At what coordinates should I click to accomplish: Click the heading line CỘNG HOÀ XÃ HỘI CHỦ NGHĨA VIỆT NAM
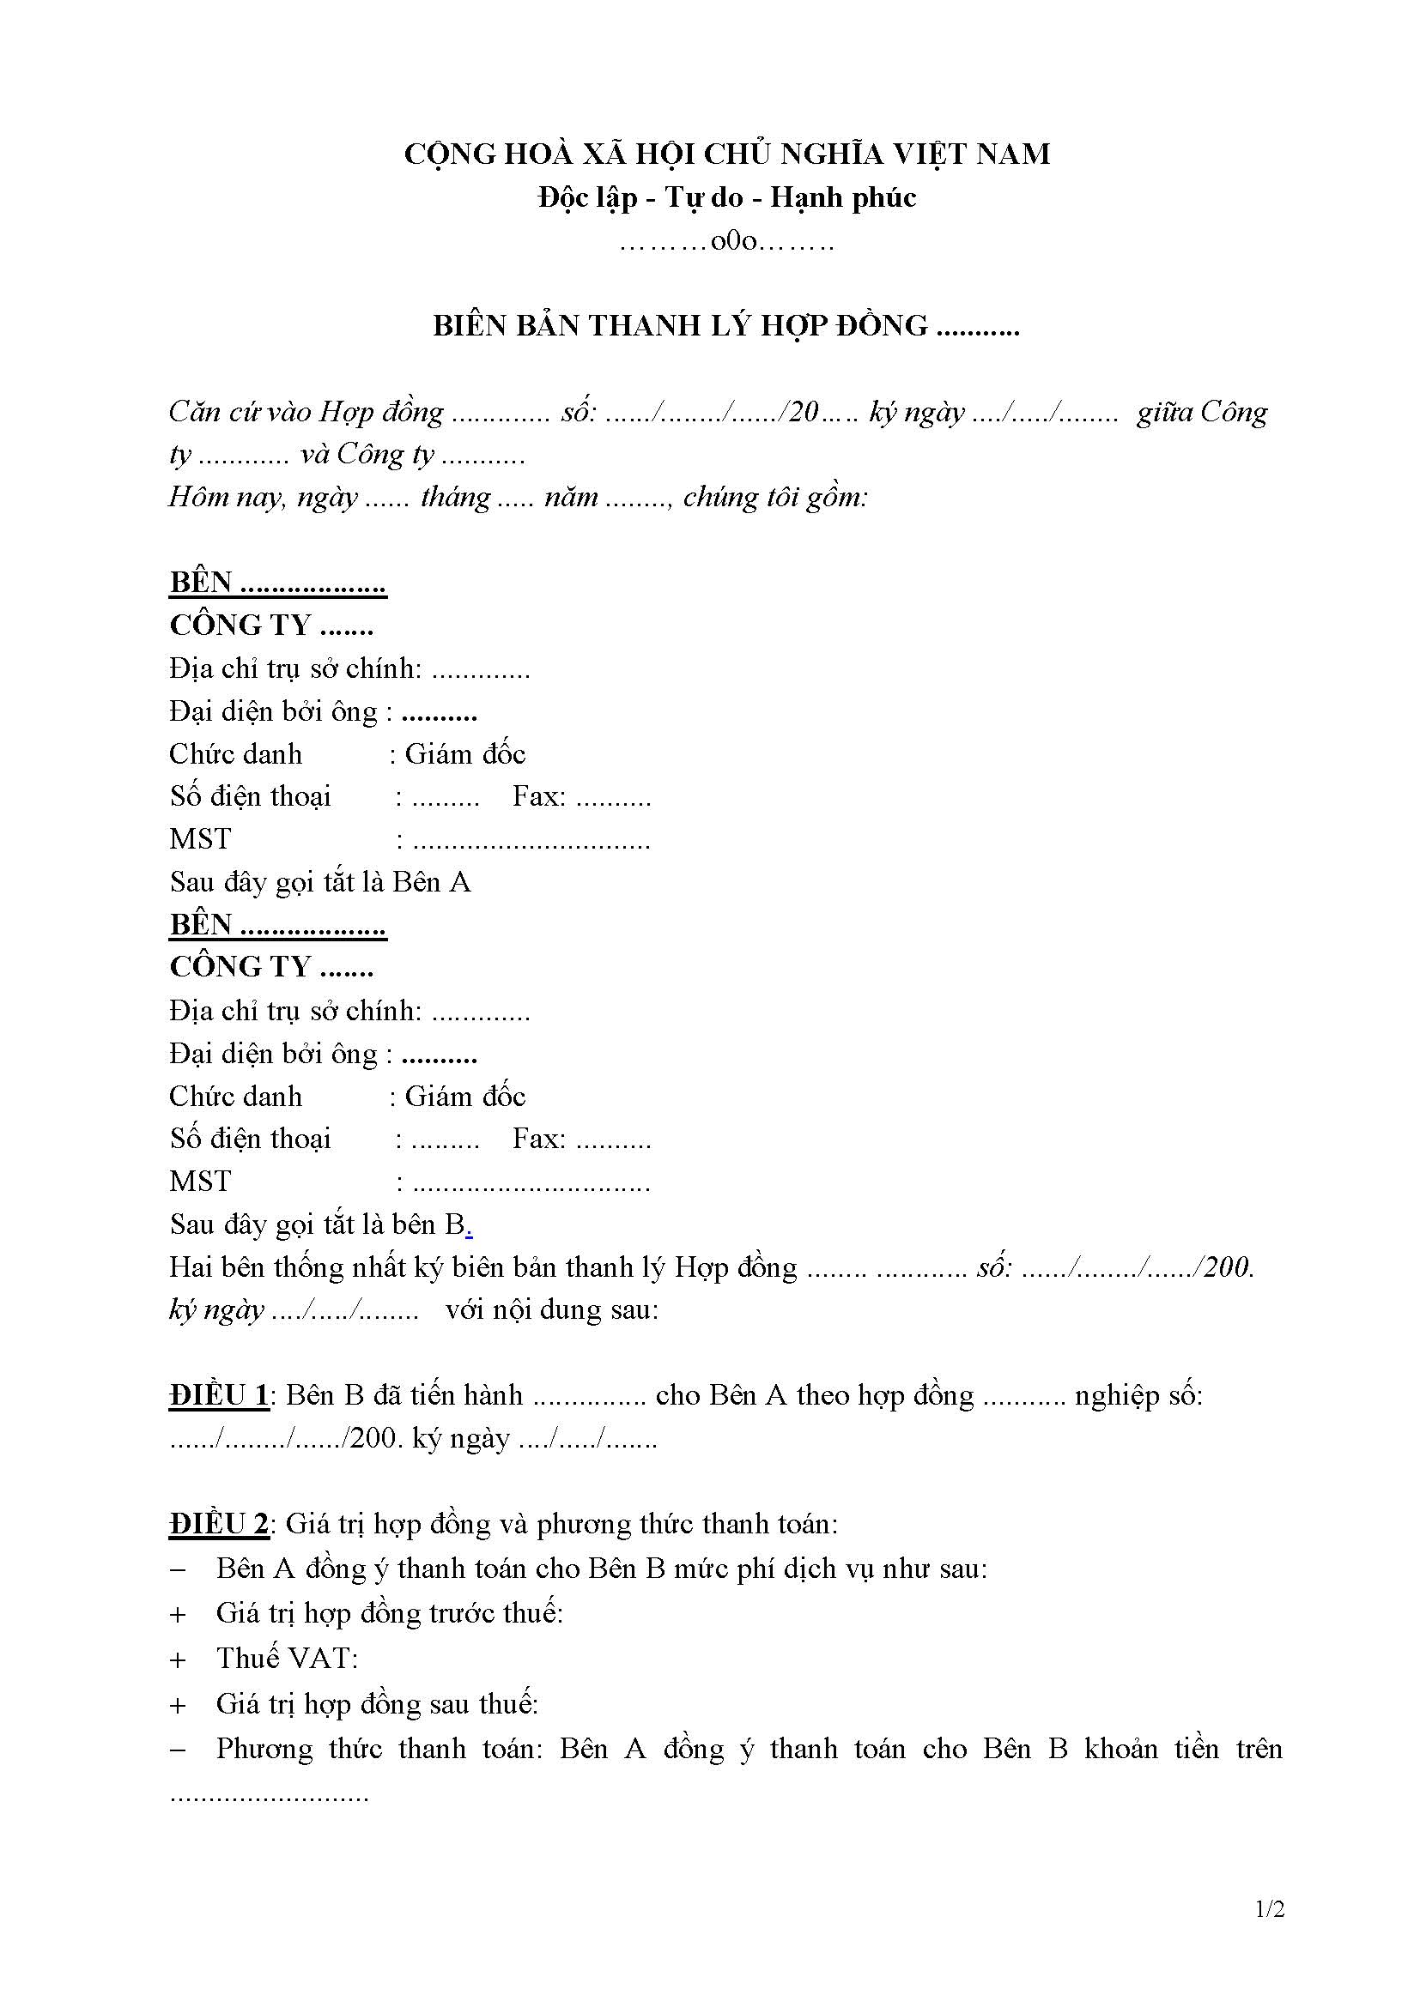tap(726, 154)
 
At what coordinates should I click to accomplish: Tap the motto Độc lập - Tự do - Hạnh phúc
tap(726, 197)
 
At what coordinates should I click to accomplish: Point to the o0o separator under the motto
tap(726, 241)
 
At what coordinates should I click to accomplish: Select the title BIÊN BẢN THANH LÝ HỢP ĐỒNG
tap(679, 325)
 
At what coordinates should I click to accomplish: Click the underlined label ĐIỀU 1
tap(219, 1395)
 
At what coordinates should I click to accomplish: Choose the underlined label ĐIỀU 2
tap(219, 1525)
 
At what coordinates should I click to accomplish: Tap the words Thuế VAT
tap(287, 1659)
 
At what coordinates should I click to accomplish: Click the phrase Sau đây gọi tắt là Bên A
tap(320, 882)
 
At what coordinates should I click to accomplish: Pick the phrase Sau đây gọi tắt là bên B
tap(320, 1224)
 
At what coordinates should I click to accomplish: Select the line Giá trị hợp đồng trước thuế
tap(389, 1613)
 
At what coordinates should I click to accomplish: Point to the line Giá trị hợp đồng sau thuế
tap(377, 1704)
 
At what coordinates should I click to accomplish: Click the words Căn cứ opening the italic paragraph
tap(209, 411)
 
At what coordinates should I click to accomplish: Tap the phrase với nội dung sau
tap(552, 1309)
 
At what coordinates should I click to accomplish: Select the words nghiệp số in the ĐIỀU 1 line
tap(1138, 1395)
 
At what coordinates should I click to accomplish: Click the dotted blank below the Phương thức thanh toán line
tap(270, 1795)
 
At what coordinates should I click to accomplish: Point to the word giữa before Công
tap(1164, 411)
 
